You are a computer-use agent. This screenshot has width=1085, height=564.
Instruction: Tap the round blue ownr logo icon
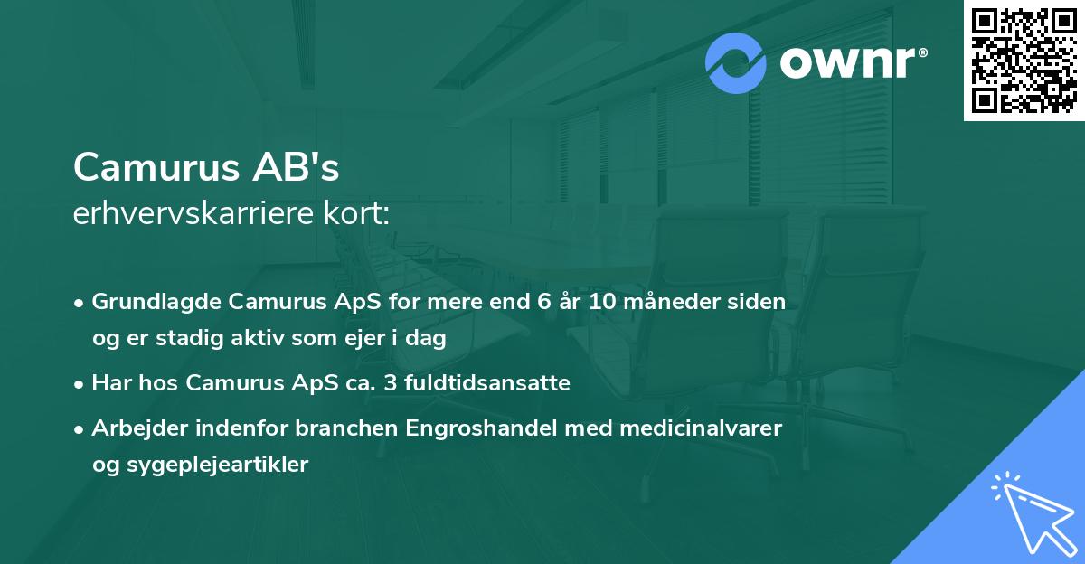point(737,63)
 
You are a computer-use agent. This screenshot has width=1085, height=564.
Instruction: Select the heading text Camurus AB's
point(206,166)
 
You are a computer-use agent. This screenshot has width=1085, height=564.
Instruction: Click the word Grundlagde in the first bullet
point(147,302)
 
